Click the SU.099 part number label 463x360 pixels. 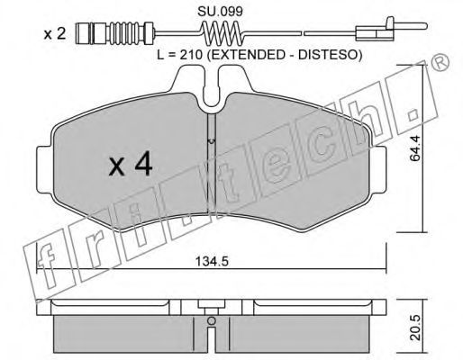click(220, 12)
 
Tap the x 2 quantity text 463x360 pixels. click(55, 34)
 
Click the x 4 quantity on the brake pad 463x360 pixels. click(131, 166)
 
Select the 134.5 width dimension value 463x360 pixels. click(213, 262)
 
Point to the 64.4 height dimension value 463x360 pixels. click(415, 148)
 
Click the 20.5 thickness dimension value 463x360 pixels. click(415, 328)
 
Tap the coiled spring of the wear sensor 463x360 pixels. click(222, 33)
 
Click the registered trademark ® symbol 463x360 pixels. click(440, 64)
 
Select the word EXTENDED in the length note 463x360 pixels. click(250, 55)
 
